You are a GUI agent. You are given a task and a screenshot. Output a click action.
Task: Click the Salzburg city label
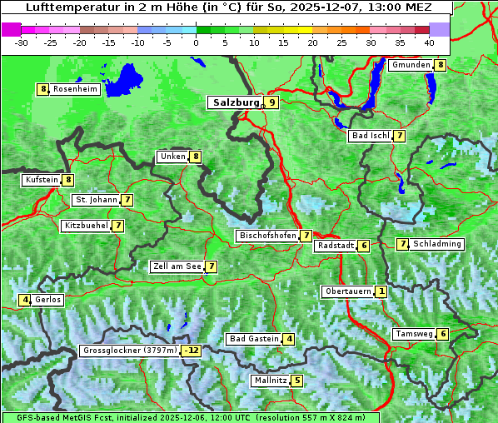pyautogui.click(x=236, y=102)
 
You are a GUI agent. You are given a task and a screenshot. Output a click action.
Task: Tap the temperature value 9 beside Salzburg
pyautogui.click(x=272, y=102)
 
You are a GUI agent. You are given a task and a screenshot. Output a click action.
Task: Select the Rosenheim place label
pyautogui.click(x=75, y=89)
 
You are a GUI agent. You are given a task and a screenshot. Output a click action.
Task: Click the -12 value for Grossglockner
pyautogui.click(x=192, y=351)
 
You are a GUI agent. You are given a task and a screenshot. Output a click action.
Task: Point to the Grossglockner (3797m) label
pyautogui.click(x=131, y=351)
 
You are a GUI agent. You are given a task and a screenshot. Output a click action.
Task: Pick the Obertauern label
pyautogui.click(x=347, y=291)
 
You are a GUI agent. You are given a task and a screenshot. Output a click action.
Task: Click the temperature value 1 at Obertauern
pyautogui.click(x=381, y=291)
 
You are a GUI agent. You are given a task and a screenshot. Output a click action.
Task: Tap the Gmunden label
pyautogui.click(x=411, y=65)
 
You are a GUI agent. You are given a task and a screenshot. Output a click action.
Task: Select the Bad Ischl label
pyautogui.click(x=370, y=136)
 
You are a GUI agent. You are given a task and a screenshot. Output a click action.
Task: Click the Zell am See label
pyautogui.click(x=177, y=266)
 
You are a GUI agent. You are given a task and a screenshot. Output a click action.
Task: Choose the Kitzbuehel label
pyautogui.click(x=86, y=226)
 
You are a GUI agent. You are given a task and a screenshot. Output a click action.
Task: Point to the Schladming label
pyautogui.click(x=437, y=244)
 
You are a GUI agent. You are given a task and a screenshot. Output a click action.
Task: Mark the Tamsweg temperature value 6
pyautogui.click(x=443, y=334)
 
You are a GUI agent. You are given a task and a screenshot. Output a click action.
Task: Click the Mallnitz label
pyautogui.click(x=270, y=381)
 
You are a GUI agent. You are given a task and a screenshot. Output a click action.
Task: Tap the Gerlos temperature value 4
pyautogui.click(x=26, y=300)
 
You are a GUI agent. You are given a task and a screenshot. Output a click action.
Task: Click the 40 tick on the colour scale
pyautogui.click(x=429, y=41)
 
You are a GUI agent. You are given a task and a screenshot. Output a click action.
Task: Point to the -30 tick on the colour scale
pyautogui.click(x=22, y=41)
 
